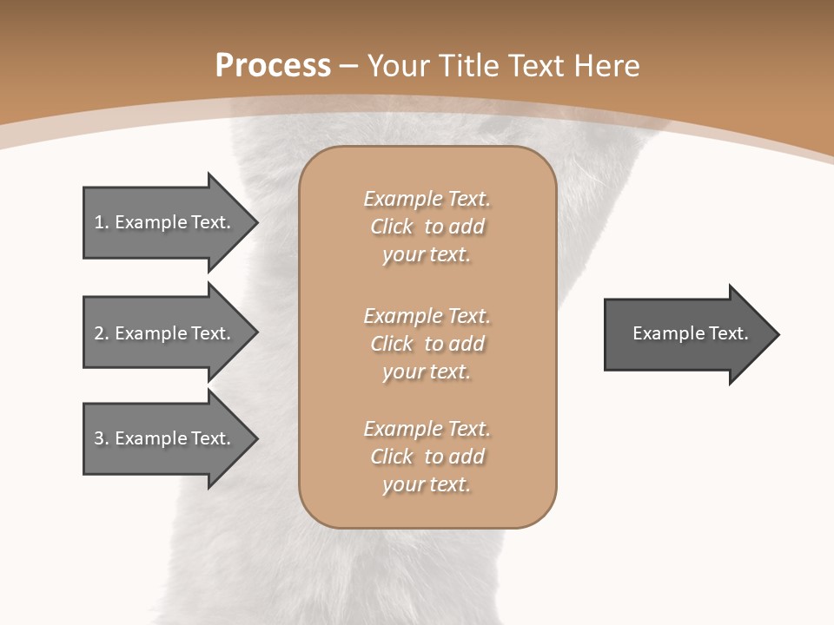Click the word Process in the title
(x=273, y=65)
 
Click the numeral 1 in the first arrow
(x=99, y=222)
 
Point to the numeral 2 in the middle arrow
(x=99, y=333)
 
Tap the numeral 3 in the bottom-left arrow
(x=99, y=438)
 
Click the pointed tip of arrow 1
(x=256, y=222)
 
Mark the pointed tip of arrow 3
(x=256, y=438)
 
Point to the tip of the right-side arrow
(x=778, y=334)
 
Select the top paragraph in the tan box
(x=427, y=227)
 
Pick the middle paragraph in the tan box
(x=427, y=343)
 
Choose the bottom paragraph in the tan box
(x=427, y=457)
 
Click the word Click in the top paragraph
(x=392, y=227)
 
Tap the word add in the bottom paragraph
(x=467, y=457)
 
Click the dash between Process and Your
(x=349, y=66)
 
